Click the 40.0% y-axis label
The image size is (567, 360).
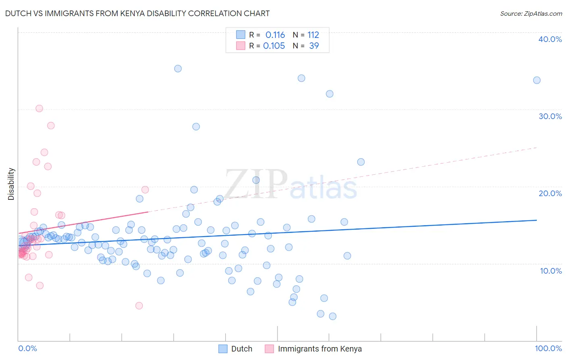(550, 39)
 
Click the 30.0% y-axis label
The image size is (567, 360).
(550, 116)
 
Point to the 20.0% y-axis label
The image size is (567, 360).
(550, 193)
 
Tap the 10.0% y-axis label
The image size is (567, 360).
(551, 271)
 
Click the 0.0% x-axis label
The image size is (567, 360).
(27, 348)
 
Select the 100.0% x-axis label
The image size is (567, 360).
(548, 348)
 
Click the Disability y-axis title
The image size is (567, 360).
(11, 184)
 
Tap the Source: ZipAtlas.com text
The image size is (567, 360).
(531, 13)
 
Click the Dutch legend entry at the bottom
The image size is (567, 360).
(242, 349)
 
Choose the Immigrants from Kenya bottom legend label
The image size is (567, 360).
(319, 349)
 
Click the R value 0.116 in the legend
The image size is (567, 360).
(275, 35)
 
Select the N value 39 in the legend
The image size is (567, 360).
(314, 46)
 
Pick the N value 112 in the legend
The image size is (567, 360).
(313, 35)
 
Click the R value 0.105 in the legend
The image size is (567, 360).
(274, 46)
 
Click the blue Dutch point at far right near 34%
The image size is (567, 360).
(537, 80)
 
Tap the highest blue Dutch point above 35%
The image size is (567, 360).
(178, 69)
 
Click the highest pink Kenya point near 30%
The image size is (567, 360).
(39, 109)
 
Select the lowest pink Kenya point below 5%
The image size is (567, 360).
(139, 306)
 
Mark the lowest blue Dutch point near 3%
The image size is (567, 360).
(333, 316)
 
